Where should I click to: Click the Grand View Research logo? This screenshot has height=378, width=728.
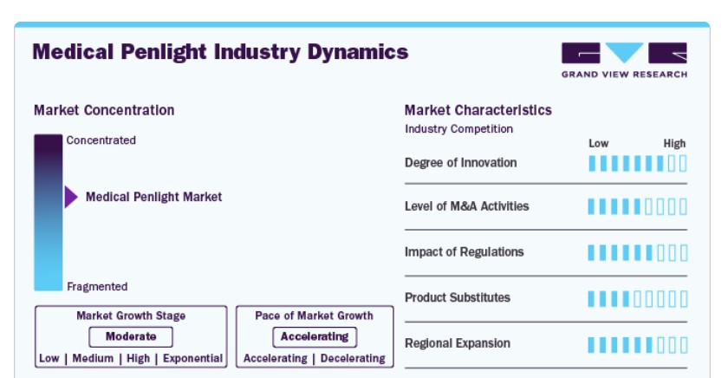click(x=624, y=60)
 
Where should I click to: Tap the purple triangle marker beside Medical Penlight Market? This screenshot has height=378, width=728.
click(x=71, y=197)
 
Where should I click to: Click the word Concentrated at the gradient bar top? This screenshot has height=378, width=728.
click(x=101, y=140)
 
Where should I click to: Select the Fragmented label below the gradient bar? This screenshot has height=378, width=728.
click(x=97, y=286)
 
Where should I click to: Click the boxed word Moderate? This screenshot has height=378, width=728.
click(x=131, y=336)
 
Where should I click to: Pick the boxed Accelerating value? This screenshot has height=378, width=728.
click(x=315, y=336)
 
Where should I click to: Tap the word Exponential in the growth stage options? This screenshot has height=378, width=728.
click(x=192, y=359)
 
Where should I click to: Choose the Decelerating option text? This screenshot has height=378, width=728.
click(x=353, y=359)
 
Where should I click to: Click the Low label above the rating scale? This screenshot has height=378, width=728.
click(x=599, y=144)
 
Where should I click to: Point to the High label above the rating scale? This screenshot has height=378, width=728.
click(x=674, y=144)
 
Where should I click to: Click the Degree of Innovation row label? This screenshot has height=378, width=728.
click(x=460, y=162)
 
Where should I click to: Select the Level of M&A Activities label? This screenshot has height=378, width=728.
click(x=466, y=206)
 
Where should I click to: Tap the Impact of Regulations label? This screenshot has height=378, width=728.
click(x=465, y=251)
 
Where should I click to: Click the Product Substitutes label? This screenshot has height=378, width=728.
click(x=458, y=297)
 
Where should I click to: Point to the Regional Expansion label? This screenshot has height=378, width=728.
click(x=458, y=343)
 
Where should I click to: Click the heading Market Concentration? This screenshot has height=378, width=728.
click(x=104, y=110)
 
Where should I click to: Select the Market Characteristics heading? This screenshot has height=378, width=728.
click(x=478, y=110)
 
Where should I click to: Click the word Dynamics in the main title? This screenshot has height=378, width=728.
click(x=357, y=52)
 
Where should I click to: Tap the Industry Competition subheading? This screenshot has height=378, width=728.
click(x=458, y=128)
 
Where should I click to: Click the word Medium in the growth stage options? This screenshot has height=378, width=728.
click(x=93, y=359)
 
